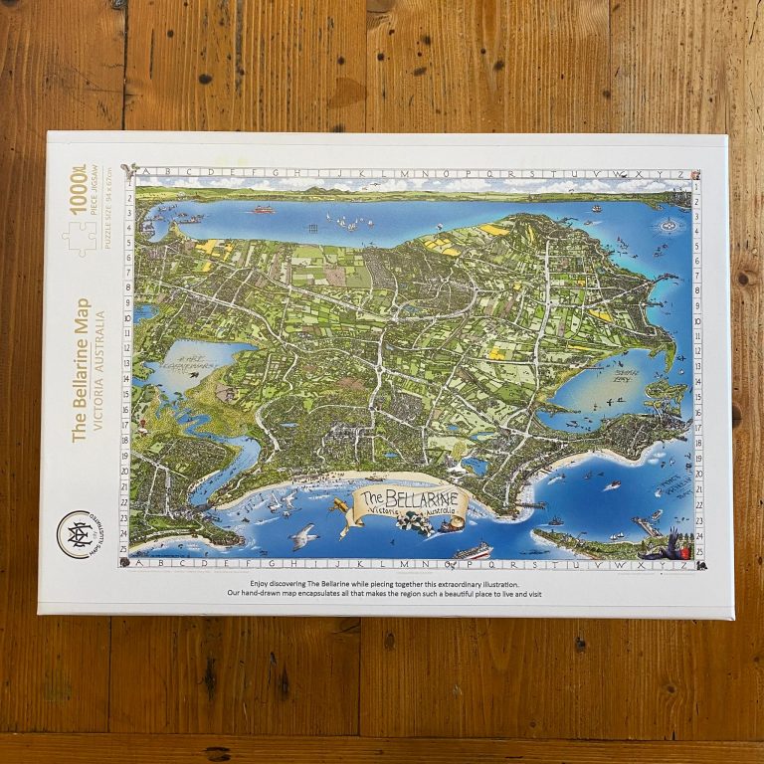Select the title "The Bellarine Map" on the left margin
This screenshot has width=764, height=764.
coord(81,368)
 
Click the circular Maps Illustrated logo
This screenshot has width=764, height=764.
coord(81,534)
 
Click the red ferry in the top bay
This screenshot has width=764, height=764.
coord(263,209)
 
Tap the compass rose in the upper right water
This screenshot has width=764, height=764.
coord(663,226)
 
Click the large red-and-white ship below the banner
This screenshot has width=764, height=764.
coord(473,550)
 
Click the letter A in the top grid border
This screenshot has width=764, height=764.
coord(139,172)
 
